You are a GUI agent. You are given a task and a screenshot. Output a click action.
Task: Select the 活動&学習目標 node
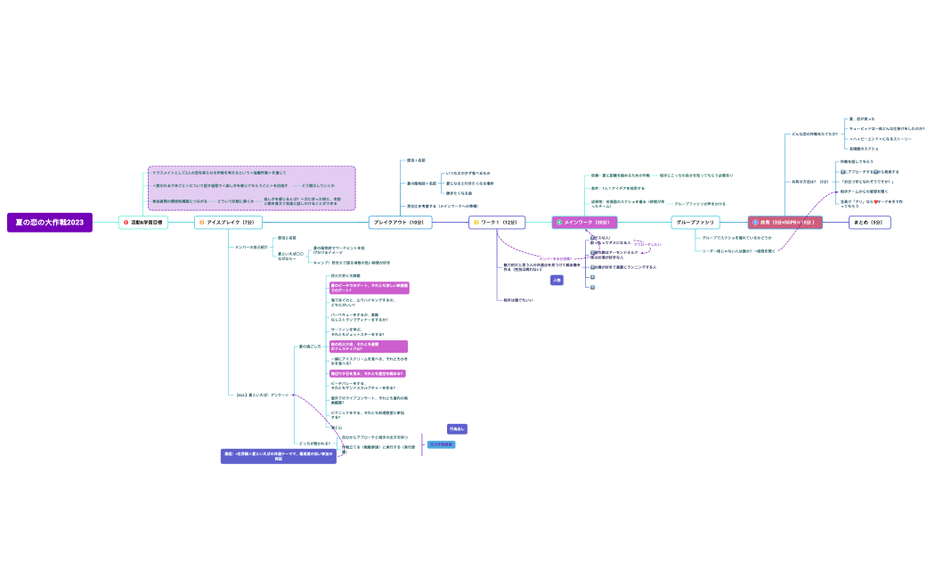(143, 222)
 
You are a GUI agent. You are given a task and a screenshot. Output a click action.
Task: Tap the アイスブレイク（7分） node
(226, 222)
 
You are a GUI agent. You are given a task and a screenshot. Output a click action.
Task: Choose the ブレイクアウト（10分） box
(400, 222)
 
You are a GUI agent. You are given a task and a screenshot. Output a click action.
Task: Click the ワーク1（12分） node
(497, 222)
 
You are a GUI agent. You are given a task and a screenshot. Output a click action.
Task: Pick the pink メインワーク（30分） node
(583, 222)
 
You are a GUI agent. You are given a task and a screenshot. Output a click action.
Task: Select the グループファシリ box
(695, 222)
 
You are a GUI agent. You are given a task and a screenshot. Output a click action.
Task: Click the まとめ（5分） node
(869, 222)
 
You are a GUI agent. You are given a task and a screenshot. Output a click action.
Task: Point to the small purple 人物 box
(557, 280)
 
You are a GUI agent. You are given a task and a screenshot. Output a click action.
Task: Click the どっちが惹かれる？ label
(313, 443)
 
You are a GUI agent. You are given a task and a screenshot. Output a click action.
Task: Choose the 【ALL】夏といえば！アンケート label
(262, 394)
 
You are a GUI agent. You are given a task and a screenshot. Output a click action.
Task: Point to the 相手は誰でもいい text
(518, 300)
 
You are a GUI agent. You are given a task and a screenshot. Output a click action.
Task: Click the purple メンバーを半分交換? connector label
(554, 258)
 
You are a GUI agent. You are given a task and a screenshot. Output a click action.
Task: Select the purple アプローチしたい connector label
(646, 244)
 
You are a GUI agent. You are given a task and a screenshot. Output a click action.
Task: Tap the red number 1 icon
(126, 222)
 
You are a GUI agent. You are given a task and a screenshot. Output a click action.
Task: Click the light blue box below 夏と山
(441, 444)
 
